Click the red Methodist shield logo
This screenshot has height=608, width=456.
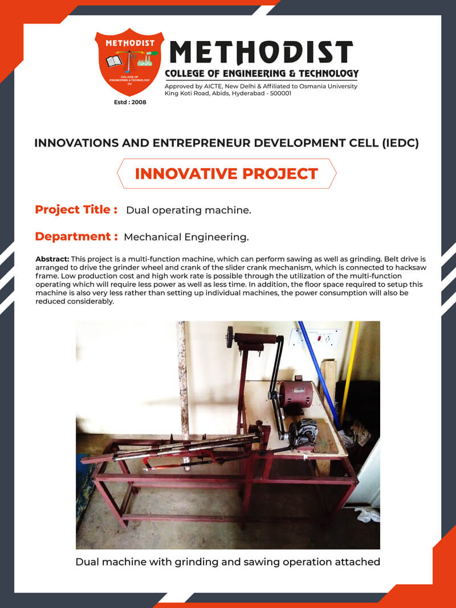coord(129,62)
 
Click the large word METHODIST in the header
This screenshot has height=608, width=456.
coord(262,52)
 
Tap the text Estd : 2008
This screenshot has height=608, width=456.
coord(130,103)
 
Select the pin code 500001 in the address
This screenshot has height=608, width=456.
coord(281,93)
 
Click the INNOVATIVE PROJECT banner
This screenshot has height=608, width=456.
coord(226,174)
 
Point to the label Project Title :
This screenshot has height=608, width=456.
coord(76,210)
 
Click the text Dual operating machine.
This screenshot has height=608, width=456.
coord(189,210)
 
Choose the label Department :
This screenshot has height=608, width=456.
coord(76,236)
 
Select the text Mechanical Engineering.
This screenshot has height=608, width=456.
coord(186,237)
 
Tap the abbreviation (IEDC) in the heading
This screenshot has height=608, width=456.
coord(400,143)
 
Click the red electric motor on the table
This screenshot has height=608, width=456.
coord(296,395)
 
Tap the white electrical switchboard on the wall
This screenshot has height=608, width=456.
coord(316,338)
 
